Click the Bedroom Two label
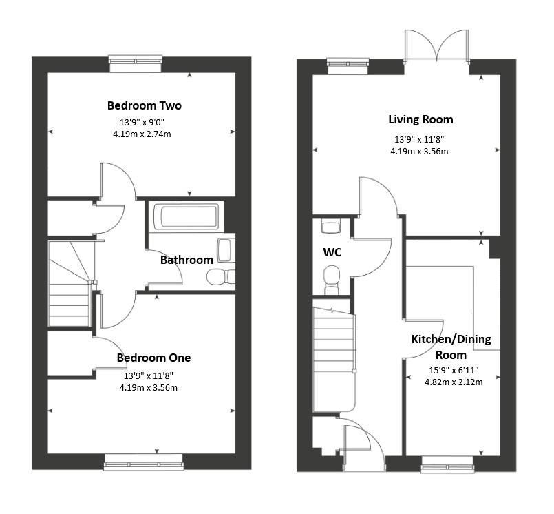144,105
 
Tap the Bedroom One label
153,358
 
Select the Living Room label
420,119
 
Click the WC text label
332,252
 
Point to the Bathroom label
187,260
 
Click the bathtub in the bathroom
185,217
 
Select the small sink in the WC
331,225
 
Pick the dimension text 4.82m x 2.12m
454,382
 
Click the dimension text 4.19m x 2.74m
142,134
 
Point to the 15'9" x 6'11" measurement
454,370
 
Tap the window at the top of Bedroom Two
136,63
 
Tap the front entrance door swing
363,444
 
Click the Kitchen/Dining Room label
451,347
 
